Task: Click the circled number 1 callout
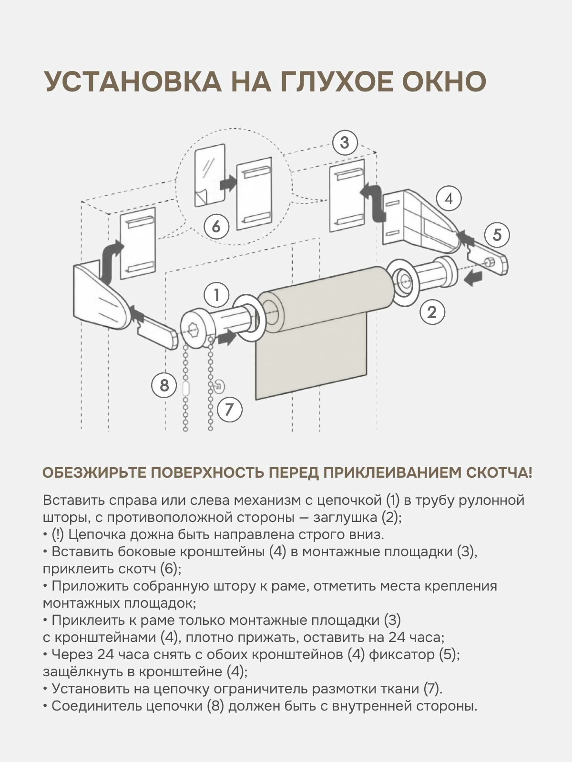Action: pyautogui.click(x=217, y=295)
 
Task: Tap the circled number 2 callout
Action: pyautogui.click(x=432, y=312)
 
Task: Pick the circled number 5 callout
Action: pyautogui.click(x=497, y=235)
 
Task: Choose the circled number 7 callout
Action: pyautogui.click(x=229, y=409)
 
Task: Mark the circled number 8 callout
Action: pyautogui.click(x=164, y=384)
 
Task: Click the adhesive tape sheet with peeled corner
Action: pyautogui.click(x=210, y=175)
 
